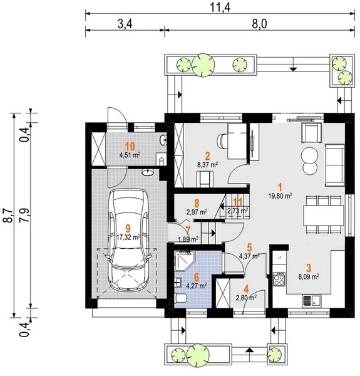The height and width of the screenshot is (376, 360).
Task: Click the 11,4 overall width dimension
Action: pos(220,8)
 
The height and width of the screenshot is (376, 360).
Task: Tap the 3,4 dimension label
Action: pos(125,24)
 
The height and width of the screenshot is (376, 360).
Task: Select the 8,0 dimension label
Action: pos(259,24)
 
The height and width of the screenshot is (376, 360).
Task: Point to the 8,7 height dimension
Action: pos(8,216)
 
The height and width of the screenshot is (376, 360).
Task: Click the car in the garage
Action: pos(128,240)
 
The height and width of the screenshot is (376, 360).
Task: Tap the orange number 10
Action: pos(130,146)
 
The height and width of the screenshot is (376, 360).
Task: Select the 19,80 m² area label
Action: pos(280,196)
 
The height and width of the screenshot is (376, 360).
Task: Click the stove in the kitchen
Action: pos(279,279)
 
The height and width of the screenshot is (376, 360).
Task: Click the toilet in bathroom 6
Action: pos(181,298)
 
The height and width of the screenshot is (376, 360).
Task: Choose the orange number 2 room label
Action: pos(207,156)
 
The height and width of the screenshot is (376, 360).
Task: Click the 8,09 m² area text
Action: pos(309,277)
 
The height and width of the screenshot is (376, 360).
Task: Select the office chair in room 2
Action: pos(222,141)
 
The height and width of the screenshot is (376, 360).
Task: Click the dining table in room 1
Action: pos(323,215)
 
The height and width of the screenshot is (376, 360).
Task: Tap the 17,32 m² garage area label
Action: pos(128,238)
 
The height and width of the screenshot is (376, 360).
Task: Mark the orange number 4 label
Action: pos(246,289)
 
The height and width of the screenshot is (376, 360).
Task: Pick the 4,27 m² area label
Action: pos(197,286)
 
